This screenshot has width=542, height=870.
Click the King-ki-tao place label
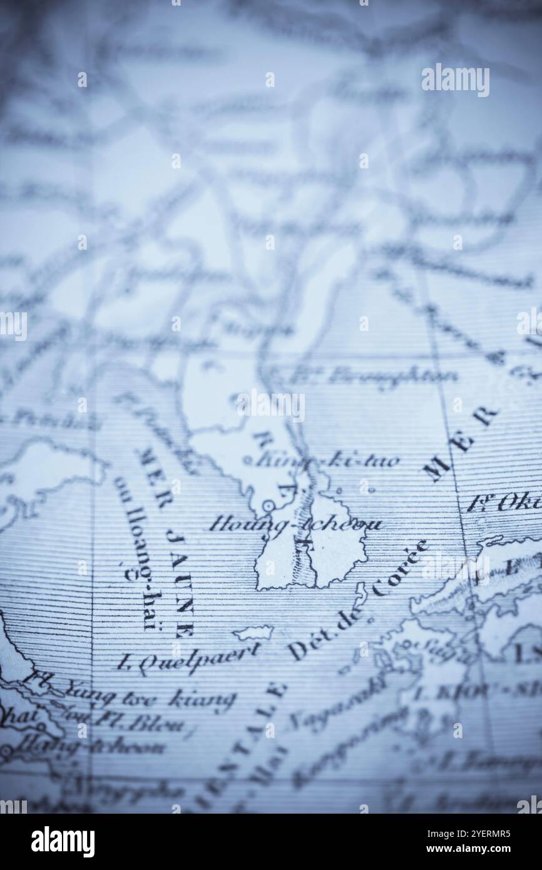point(329,461)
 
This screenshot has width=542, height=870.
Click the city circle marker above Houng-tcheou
point(268,505)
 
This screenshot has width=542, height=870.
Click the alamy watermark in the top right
point(455,80)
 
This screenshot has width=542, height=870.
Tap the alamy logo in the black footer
point(63,841)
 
